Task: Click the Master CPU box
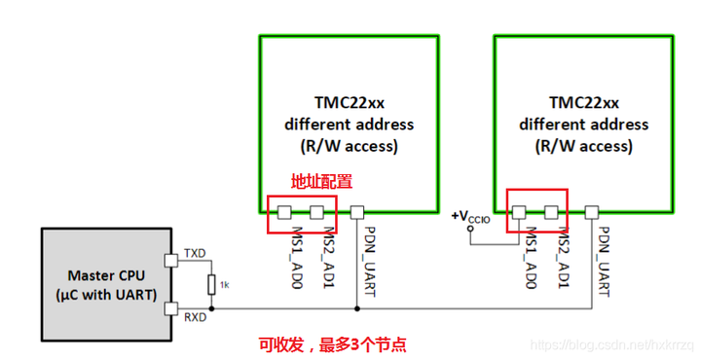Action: coord(104,283)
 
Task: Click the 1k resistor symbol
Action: coord(211,283)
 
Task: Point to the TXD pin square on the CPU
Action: coord(172,259)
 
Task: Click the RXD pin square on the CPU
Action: coord(172,309)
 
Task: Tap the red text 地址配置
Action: coord(321,182)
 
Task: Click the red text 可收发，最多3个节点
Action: coord(332,343)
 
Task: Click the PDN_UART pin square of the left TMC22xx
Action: coord(357,211)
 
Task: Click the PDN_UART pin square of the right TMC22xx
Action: coord(592,211)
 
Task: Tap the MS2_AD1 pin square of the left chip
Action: coord(316,211)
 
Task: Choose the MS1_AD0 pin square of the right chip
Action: coord(519,211)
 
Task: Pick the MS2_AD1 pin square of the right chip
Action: coord(552,211)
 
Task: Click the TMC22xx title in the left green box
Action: coord(349,102)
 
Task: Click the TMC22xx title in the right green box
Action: coord(583,102)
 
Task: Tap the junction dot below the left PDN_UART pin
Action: coord(357,309)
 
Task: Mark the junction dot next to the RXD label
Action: coord(211,309)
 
